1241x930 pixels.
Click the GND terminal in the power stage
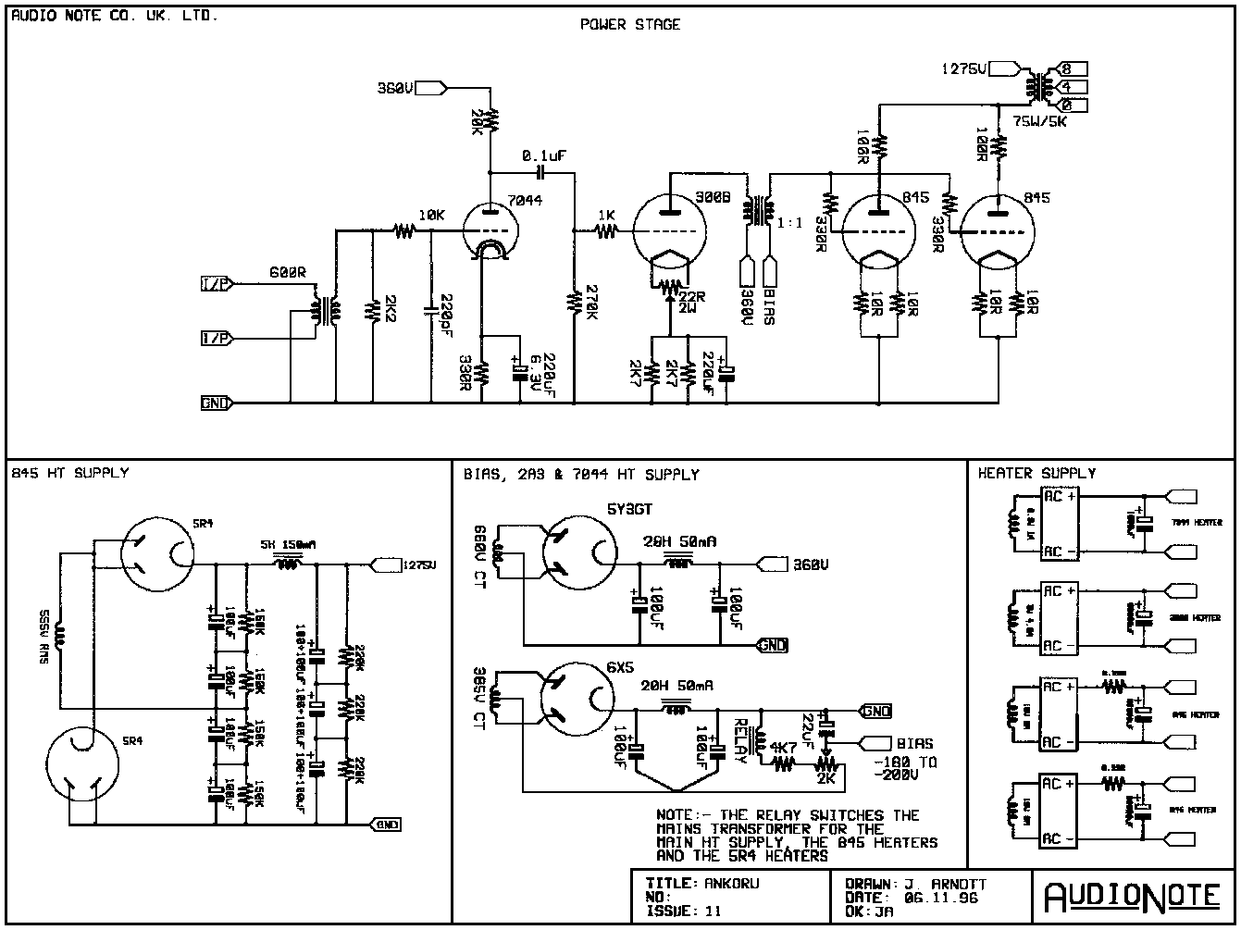point(216,403)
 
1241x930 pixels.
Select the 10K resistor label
point(430,215)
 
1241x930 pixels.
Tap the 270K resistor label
point(589,304)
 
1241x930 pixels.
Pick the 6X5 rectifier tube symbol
point(578,699)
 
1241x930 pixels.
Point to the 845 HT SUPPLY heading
point(70,473)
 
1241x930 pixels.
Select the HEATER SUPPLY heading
point(1036,473)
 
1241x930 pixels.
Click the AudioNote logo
point(1133,896)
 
